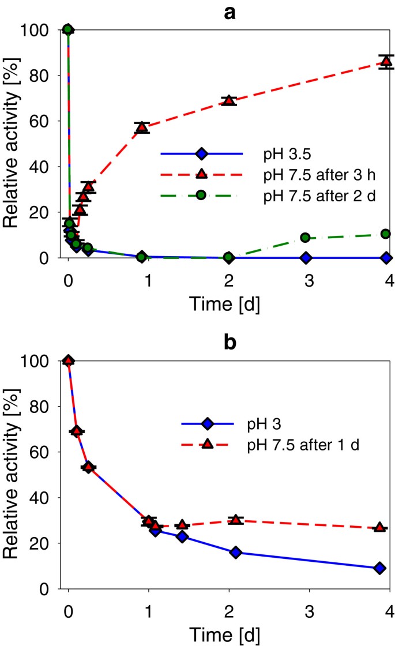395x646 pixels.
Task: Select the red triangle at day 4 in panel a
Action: tap(386, 62)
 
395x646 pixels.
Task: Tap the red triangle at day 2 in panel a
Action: tap(229, 100)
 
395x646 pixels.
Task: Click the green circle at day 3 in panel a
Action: tap(305, 238)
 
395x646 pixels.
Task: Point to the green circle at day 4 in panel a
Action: tap(386, 234)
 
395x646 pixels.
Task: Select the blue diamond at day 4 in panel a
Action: tap(386, 257)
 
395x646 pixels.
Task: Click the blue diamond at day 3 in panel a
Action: tap(306, 257)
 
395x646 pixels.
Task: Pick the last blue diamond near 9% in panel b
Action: tap(379, 568)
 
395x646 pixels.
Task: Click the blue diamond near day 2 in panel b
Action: tap(235, 552)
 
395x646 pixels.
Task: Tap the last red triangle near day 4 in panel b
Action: tap(379, 528)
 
